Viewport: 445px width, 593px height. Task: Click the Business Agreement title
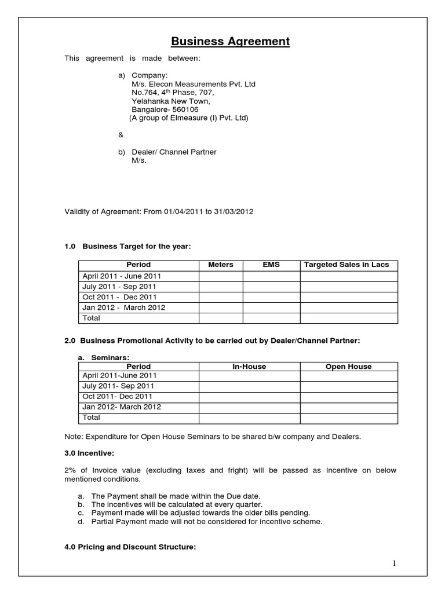pyautogui.click(x=222, y=42)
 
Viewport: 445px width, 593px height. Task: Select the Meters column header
pyautogui.click(x=220, y=265)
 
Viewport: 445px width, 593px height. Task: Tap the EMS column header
pyautogui.click(x=271, y=265)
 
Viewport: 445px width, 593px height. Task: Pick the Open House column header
pyautogui.click(x=348, y=367)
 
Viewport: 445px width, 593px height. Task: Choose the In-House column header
pyautogui.click(x=249, y=367)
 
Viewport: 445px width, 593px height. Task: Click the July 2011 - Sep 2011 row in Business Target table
pyautogui.click(x=120, y=287)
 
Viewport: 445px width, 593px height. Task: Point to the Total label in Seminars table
pyautogui.click(x=92, y=418)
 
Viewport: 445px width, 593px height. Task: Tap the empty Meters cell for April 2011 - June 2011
pyautogui.click(x=220, y=276)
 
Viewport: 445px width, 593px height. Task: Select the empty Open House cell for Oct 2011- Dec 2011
pyautogui.click(x=348, y=397)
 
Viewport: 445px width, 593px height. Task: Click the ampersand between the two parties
pyautogui.click(x=121, y=135)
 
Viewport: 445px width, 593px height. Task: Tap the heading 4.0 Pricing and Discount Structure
pyautogui.click(x=130, y=546)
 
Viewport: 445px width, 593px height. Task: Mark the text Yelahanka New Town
pyautogui.click(x=167, y=101)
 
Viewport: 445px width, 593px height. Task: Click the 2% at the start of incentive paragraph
pyautogui.click(x=71, y=471)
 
